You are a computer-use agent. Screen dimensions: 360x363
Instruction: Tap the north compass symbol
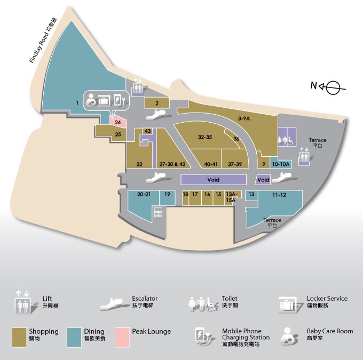click(332, 87)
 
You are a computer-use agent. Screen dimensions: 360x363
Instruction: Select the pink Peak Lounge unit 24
click(118, 121)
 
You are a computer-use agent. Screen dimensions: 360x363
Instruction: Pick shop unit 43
click(148, 131)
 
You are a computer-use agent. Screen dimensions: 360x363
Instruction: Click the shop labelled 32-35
click(205, 137)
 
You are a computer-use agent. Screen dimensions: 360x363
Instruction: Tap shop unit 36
click(236, 139)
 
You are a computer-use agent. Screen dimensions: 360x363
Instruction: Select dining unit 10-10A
click(281, 164)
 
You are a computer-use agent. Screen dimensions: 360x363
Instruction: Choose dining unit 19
click(167, 195)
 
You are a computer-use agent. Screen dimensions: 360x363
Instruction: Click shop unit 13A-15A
click(231, 197)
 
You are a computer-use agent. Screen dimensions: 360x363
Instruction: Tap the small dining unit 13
click(251, 195)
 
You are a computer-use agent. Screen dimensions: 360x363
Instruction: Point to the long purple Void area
click(214, 180)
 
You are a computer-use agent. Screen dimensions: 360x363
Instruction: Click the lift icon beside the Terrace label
click(304, 157)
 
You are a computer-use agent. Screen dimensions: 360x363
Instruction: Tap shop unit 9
click(263, 164)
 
